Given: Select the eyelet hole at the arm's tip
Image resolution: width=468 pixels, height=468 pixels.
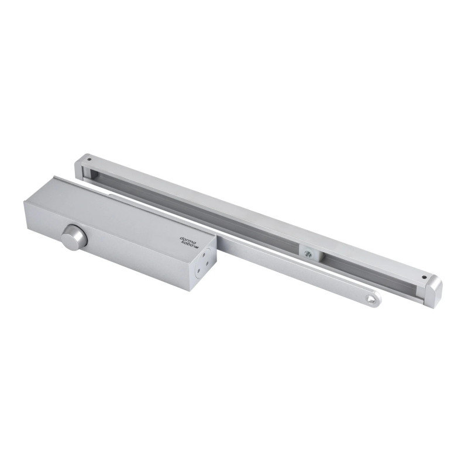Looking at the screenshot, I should coord(370,300).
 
